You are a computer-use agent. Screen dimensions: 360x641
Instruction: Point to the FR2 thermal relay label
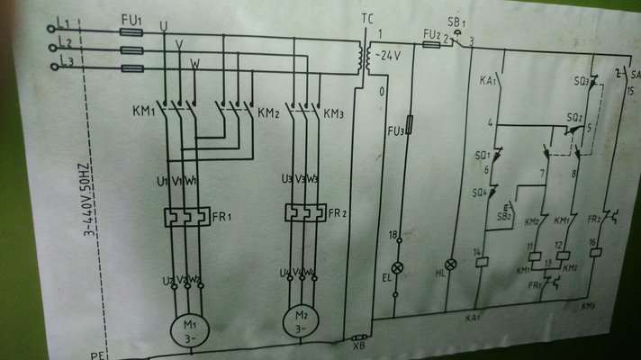tap(338, 214)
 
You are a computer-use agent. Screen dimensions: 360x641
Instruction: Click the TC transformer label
tap(365, 19)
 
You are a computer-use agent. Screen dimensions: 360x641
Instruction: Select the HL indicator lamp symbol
tap(452, 263)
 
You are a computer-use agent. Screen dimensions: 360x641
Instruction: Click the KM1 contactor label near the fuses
tap(143, 114)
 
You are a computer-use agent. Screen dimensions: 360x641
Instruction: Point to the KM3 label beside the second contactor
tap(334, 114)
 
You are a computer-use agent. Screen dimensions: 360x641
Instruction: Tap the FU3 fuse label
tap(395, 132)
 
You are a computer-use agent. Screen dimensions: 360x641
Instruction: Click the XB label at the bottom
tap(358, 343)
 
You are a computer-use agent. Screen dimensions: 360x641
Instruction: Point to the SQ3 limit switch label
tap(582, 82)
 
